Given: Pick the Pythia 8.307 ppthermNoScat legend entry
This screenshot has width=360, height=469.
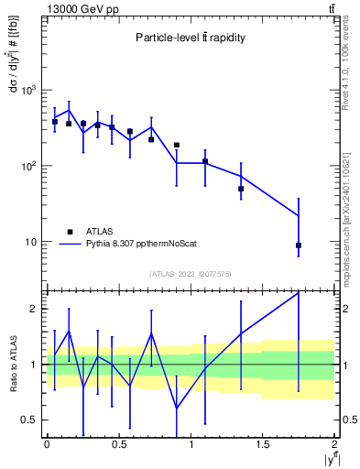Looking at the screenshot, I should click(x=128, y=245).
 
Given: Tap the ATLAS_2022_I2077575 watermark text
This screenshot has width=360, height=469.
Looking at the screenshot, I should click(x=191, y=274).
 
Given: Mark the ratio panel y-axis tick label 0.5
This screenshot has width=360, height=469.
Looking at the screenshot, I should click(x=32, y=420).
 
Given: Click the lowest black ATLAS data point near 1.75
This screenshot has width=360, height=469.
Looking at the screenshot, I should click(x=299, y=245).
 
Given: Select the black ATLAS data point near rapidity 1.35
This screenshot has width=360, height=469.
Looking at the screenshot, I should click(x=241, y=189).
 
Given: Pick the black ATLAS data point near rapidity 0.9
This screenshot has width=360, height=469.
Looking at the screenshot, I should click(x=177, y=145).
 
